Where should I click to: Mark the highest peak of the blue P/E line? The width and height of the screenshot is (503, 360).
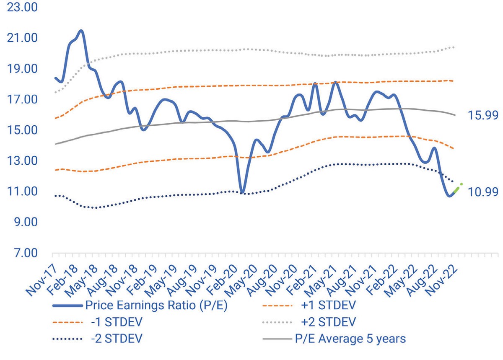point(81,31)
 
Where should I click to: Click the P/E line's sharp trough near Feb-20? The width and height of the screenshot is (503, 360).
point(242,192)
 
